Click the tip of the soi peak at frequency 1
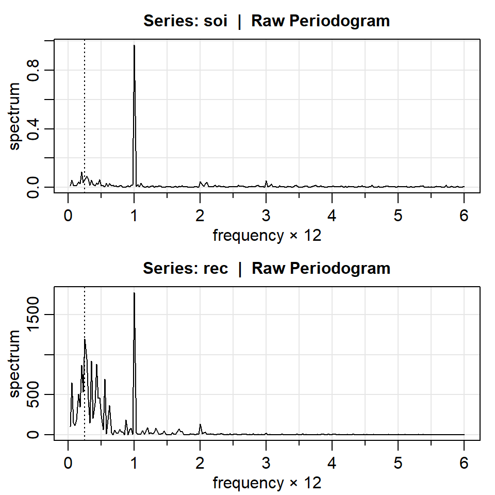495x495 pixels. point(134,45)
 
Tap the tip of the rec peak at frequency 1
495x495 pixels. point(134,293)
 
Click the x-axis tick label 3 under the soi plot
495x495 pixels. point(266,215)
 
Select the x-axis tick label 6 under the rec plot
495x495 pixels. point(464,463)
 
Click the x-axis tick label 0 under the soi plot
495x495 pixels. point(68,215)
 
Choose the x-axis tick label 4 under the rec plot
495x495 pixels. point(332,463)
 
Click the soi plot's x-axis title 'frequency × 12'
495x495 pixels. point(267,236)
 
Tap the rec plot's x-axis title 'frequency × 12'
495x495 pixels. point(267,483)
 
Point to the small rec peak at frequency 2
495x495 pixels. point(200,424)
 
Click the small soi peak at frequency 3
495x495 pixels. point(266,181)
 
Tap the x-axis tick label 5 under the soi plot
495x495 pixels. point(398,215)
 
